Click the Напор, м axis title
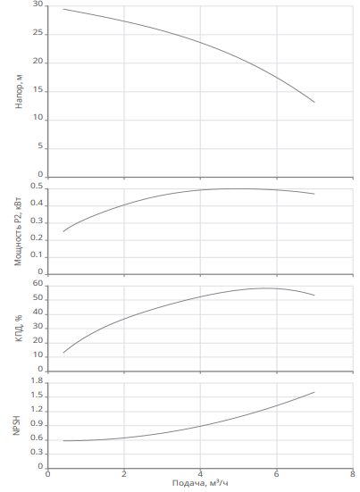[x=19, y=92]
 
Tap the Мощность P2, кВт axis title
[x=19, y=231]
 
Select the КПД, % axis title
[x=19, y=328]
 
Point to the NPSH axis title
[x=17, y=426]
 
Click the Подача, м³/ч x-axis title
[x=200, y=483]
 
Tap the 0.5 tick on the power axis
[x=37, y=186]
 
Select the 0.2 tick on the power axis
[x=37, y=238]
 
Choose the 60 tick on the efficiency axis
[x=38, y=283]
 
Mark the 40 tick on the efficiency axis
[x=38, y=312]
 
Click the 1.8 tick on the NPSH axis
[x=37, y=381]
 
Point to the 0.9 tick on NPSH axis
[x=37, y=424]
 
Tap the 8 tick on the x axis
[x=353, y=473]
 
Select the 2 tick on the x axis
[x=124, y=473]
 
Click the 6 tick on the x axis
[x=277, y=473]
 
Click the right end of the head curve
[x=314, y=102]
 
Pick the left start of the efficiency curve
[x=63, y=353]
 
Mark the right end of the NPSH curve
[x=314, y=392]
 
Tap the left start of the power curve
[x=63, y=231]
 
